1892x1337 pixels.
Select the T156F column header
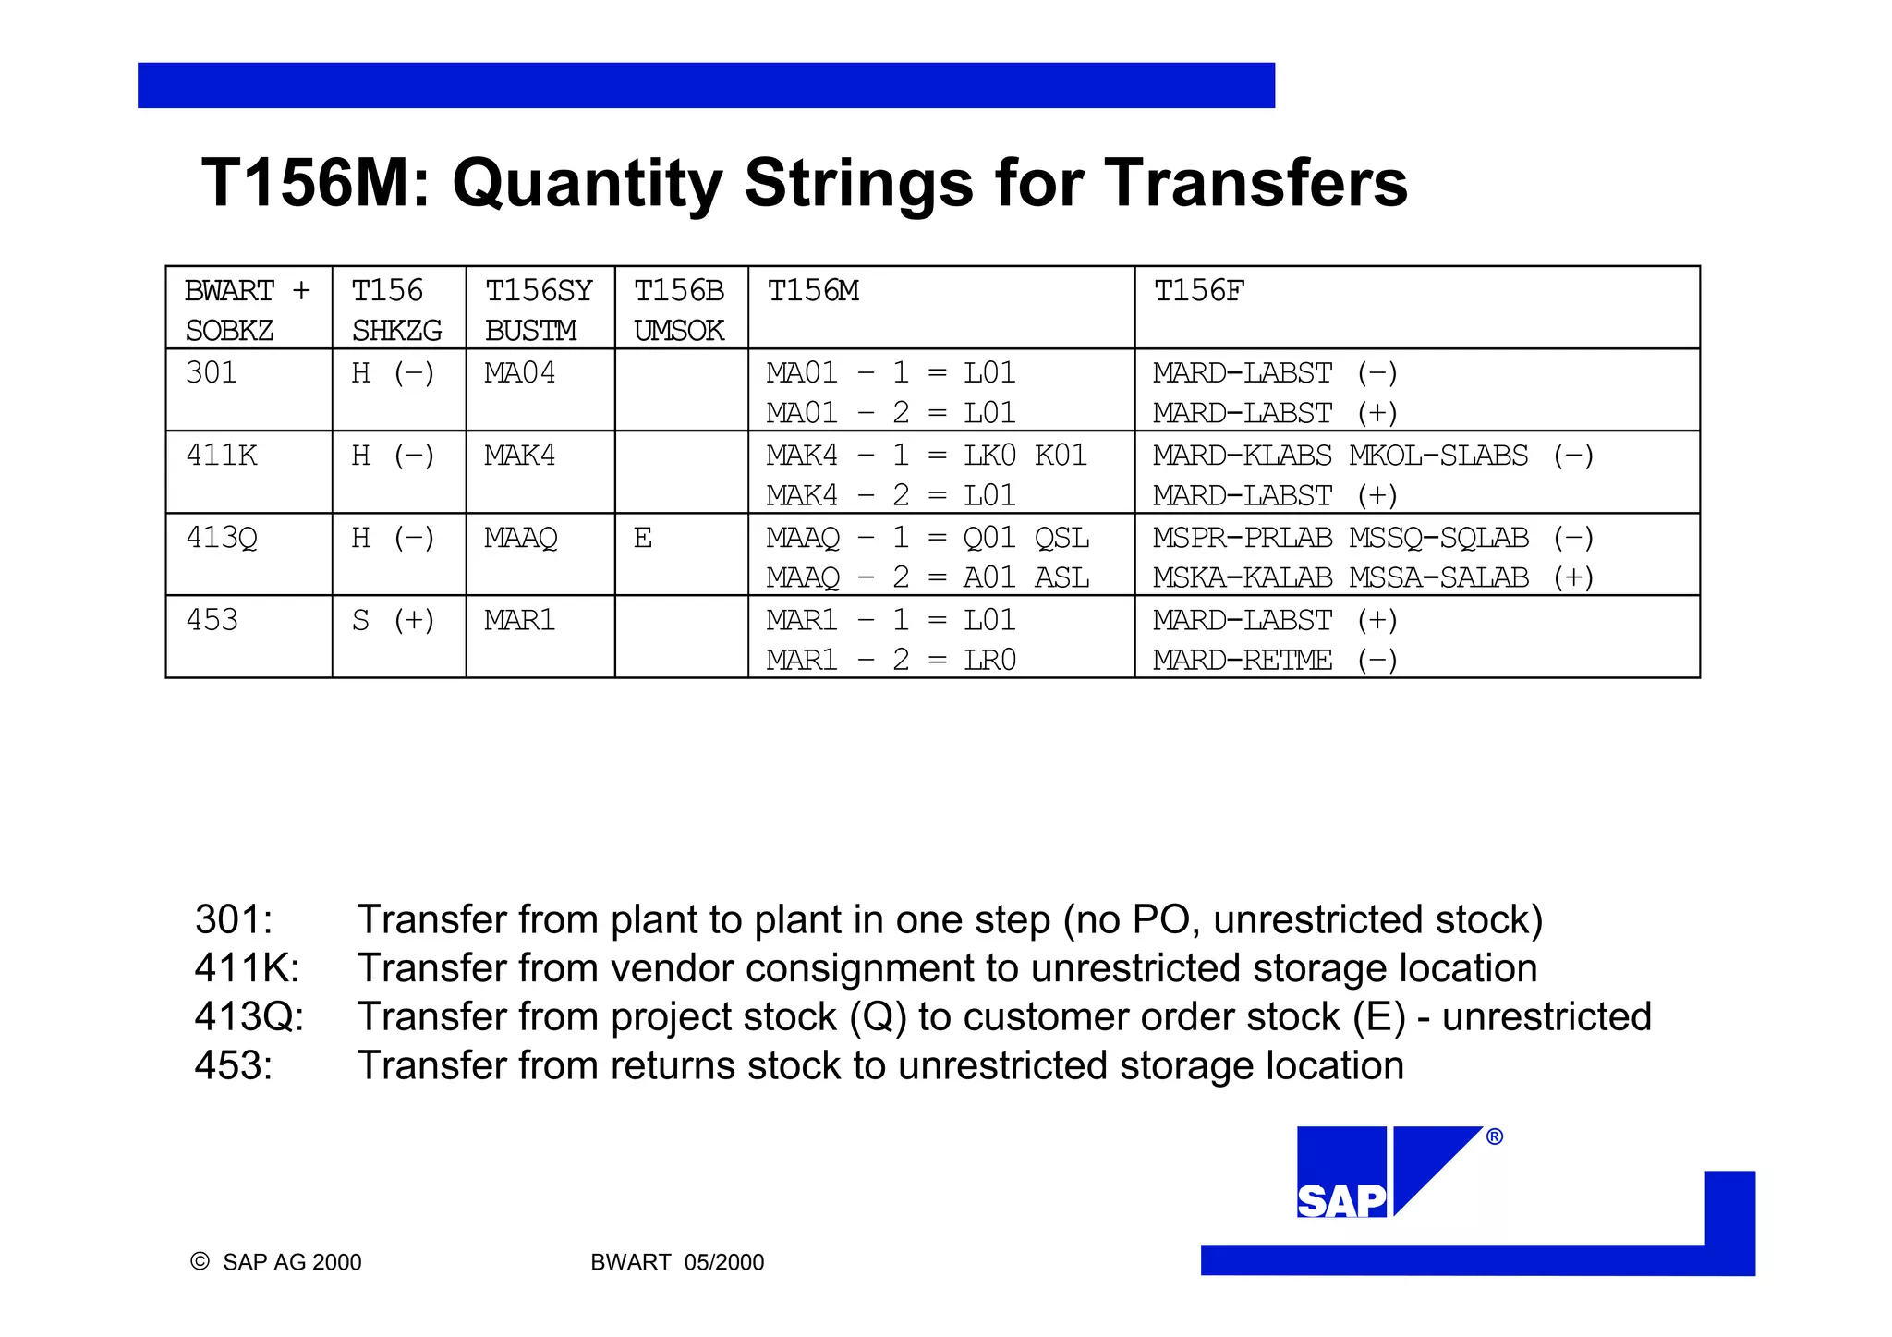(x=1199, y=291)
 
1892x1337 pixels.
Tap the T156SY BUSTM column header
(x=539, y=310)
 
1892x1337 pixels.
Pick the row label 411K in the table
(x=222, y=456)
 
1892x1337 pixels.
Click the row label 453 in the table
(x=212, y=620)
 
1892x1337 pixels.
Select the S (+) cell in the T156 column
(x=393, y=620)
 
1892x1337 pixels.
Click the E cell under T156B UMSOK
(x=643, y=538)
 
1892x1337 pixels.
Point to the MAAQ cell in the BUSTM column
(x=521, y=538)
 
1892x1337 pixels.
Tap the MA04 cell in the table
(x=520, y=373)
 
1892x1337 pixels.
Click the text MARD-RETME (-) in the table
(x=1275, y=660)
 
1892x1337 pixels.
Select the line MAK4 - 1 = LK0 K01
(x=927, y=456)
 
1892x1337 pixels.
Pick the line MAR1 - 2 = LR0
(x=891, y=660)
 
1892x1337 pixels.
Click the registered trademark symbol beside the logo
(x=1495, y=1136)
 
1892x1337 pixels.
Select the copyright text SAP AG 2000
(x=291, y=1262)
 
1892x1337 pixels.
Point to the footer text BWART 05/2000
(x=677, y=1262)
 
